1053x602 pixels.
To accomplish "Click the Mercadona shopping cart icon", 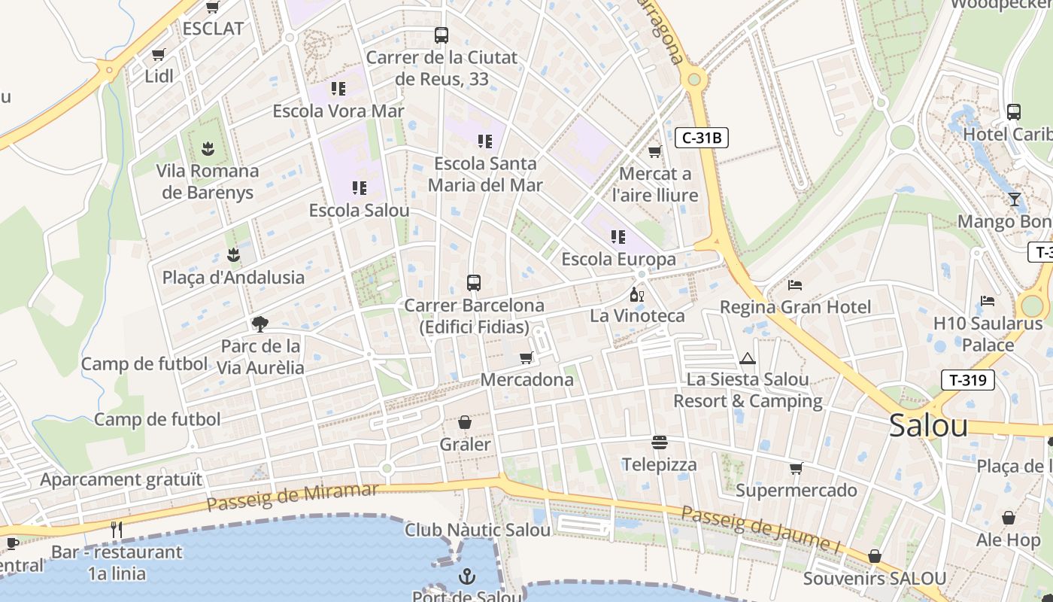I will point(526,357).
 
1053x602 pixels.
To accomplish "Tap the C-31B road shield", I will point(702,138).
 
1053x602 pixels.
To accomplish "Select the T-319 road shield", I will point(967,380).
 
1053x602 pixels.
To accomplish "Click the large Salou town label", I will point(928,426).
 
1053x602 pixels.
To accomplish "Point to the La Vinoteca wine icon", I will point(636,294).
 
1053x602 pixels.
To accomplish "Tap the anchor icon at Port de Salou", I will point(467,577).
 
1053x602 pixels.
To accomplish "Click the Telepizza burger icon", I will point(660,442).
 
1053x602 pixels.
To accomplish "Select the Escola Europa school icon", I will point(618,237).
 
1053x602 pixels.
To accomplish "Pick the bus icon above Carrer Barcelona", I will point(473,283).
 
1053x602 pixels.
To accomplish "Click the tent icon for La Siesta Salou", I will point(747,358).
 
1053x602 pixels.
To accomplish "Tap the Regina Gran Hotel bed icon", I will point(795,285).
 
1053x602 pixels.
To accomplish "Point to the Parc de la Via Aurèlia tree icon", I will point(260,324).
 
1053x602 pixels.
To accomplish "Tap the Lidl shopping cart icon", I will point(159,55).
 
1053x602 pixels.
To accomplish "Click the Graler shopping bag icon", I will point(465,423).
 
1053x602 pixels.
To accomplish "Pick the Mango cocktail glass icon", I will point(1015,199).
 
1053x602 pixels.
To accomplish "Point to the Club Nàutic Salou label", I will point(478,530).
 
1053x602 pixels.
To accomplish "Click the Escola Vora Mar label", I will point(338,111).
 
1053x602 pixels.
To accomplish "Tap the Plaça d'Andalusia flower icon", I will point(233,255).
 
